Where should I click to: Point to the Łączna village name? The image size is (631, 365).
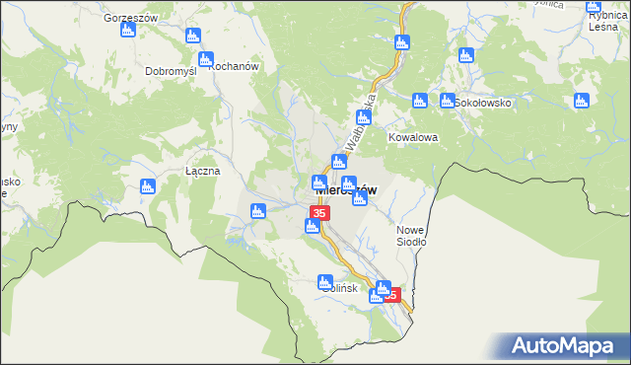pos(203,171)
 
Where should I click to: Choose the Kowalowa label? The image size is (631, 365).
pos(411,137)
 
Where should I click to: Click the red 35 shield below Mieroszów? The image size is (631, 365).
pos(319,213)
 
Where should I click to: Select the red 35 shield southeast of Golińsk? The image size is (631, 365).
pos(391,294)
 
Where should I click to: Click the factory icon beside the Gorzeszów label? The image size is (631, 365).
pos(127,31)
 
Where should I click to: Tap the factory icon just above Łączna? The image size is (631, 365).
pos(148,185)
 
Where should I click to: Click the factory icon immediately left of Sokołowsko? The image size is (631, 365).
pos(448,101)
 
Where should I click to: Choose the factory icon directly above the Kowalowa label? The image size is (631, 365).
pos(419,101)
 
